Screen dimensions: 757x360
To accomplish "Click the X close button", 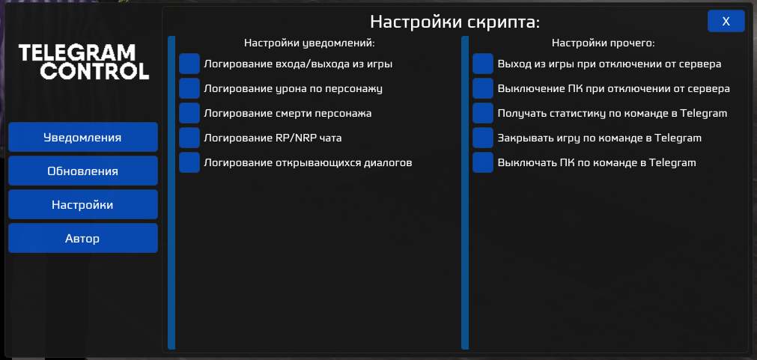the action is click(726, 21).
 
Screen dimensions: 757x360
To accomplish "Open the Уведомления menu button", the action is click(82, 137).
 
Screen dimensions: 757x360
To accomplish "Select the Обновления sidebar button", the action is click(82, 171).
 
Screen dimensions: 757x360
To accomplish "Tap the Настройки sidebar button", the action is click(82, 204).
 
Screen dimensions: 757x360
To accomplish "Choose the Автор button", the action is click(82, 238).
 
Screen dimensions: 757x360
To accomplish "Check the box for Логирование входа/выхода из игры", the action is click(189, 64).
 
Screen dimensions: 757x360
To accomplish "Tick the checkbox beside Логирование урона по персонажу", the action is click(189, 88).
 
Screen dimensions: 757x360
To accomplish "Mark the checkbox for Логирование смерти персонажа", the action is click(189, 113).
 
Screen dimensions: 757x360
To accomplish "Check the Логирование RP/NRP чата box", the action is click(189, 138).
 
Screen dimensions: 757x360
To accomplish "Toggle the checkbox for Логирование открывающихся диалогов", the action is click(189, 162).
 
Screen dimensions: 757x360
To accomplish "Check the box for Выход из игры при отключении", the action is click(483, 64).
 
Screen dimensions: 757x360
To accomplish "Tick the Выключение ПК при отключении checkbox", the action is click(483, 88).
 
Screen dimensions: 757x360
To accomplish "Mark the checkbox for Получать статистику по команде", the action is click(483, 113).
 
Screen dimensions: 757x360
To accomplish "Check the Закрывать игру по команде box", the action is click(483, 138).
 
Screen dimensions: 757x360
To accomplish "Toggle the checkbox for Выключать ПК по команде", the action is click(483, 162).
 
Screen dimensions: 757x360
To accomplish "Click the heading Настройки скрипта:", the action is click(454, 22).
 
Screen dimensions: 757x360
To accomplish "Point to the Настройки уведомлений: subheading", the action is click(309, 43).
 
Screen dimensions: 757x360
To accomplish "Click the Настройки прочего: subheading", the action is click(603, 43).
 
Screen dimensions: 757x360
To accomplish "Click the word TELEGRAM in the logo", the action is click(77, 52).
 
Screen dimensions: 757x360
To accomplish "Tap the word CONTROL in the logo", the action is click(94, 71).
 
